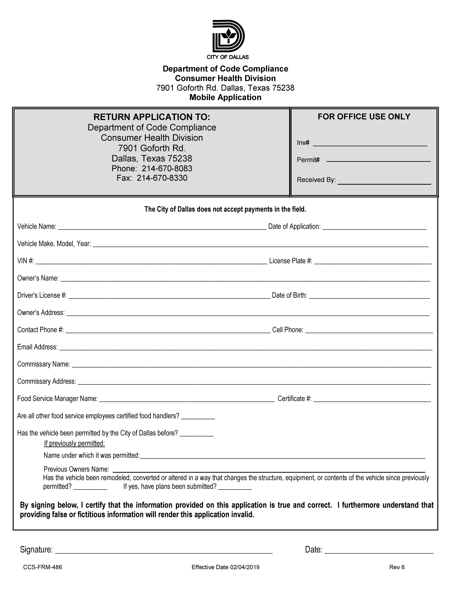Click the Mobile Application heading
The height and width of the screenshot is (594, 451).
pos(225,97)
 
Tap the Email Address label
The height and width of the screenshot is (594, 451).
pos(37,347)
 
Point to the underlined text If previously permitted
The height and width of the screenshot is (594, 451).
pos(74,443)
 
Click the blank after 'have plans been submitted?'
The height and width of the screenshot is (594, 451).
pos(235,487)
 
